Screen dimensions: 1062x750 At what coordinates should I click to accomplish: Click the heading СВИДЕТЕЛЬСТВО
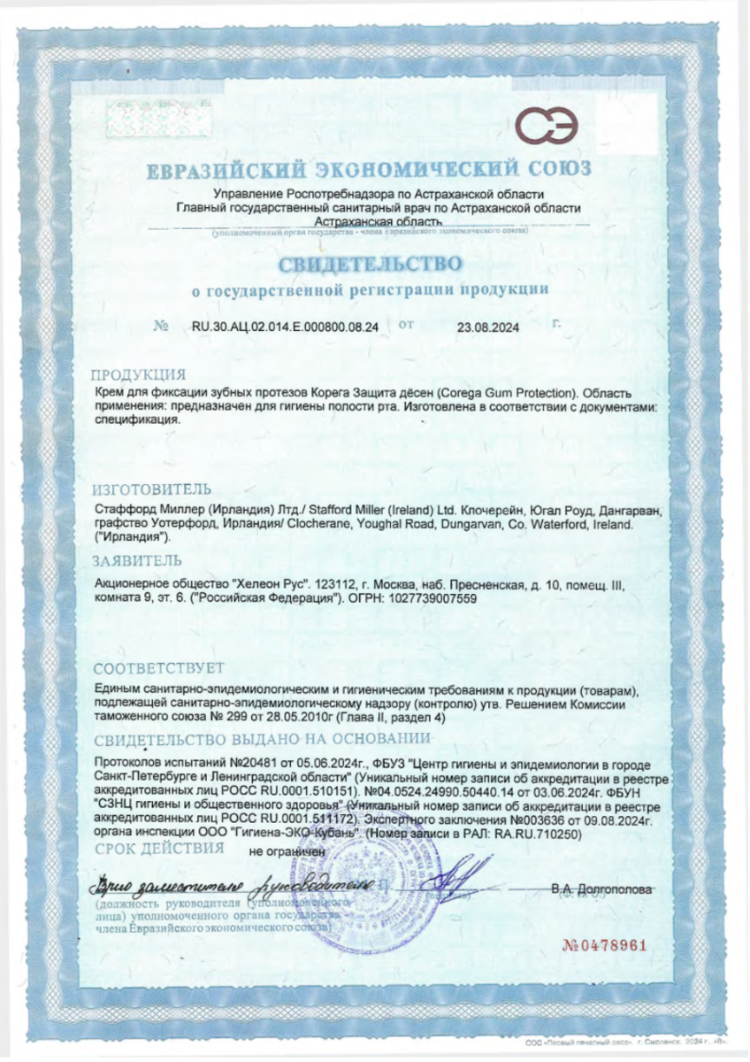pyautogui.click(x=371, y=264)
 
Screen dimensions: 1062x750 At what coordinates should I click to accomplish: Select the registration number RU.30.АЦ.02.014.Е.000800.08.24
pyautogui.click(x=285, y=327)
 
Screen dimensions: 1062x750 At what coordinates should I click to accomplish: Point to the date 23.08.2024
pyautogui.click(x=487, y=327)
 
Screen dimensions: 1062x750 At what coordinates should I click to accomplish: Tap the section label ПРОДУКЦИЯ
pyautogui.click(x=139, y=373)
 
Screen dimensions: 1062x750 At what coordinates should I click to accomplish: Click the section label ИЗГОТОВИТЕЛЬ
pyautogui.click(x=152, y=489)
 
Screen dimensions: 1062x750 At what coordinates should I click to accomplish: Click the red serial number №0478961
pyautogui.click(x=606, y=944)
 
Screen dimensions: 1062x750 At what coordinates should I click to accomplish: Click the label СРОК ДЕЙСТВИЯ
pyautogui.click(x=158, y=848)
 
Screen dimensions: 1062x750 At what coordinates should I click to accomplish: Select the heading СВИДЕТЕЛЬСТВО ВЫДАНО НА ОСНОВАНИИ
pyautogui.click(x=264, y=739)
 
